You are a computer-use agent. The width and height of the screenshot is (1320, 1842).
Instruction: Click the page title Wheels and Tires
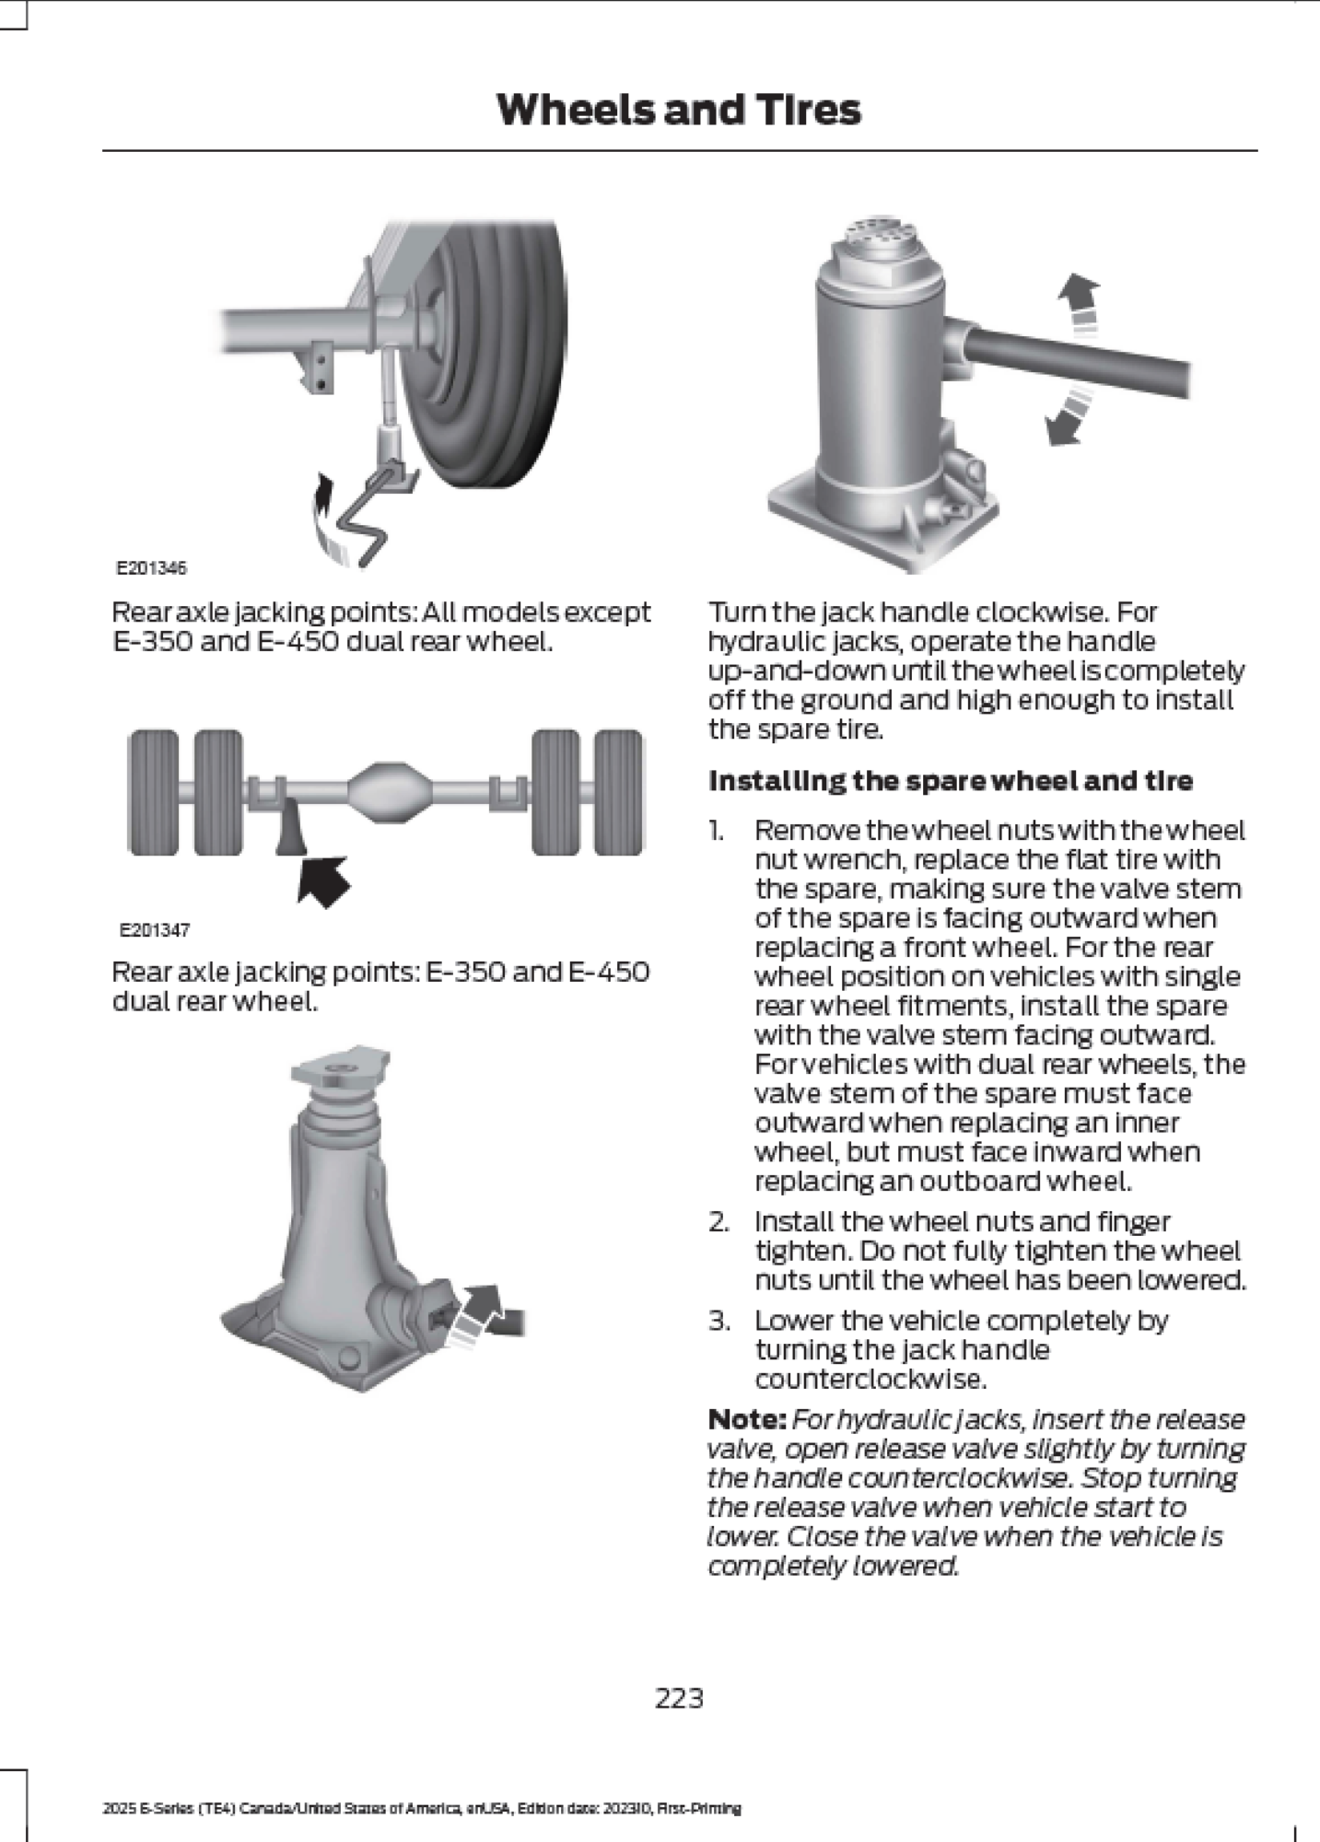[x=678, y=110]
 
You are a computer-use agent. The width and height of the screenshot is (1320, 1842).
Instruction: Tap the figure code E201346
[x=151, y=568]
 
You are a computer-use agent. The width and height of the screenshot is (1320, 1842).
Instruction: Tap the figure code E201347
[x=154, y=930]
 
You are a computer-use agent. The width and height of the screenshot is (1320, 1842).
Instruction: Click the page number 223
[x=679, y=1697]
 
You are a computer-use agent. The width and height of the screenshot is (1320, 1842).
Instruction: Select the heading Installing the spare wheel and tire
[x=950, y=781]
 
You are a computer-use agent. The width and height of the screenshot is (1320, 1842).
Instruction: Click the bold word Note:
[x=746, y=1419]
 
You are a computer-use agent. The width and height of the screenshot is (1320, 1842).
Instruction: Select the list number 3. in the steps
[x=719, y=1321]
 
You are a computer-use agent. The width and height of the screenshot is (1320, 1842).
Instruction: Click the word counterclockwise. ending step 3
[x=870, y=1380]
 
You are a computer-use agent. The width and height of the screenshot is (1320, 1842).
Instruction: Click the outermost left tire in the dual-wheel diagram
[x=153, y=792]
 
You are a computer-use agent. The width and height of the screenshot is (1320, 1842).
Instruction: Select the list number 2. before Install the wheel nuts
[x=719, y=1222]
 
